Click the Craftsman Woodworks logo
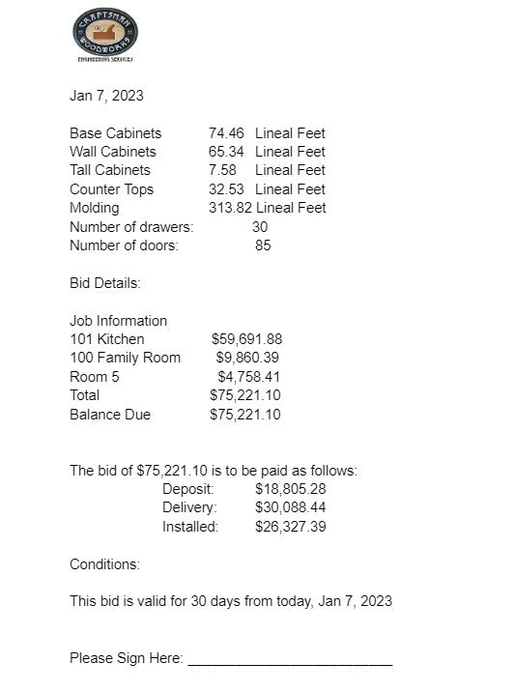pos(104,34)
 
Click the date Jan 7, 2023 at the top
pos(106,96)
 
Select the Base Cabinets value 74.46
pos(226,133)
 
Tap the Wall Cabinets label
pos(112,152)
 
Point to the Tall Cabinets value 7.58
pos(222,170)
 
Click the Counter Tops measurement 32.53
pos(226,189)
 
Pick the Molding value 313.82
pos(230,208)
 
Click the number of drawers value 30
pos(260,227)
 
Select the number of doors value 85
pos(263,245)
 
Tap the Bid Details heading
pos(105,283)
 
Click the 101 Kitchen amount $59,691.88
pos(246,339)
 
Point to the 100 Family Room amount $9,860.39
pos(248,358)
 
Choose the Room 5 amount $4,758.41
pos(249,377)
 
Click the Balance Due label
pos(110,415)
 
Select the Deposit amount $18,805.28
pos(290,489)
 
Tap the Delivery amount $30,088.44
pos(290,507)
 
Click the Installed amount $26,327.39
pos(290,527)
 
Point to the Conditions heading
pos(104,564)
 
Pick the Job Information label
pos(118,321)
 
